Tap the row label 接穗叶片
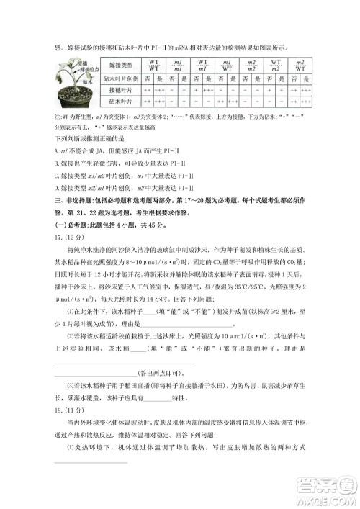click(x=115, y=92)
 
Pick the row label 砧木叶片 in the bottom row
click(x=115, y=104)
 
